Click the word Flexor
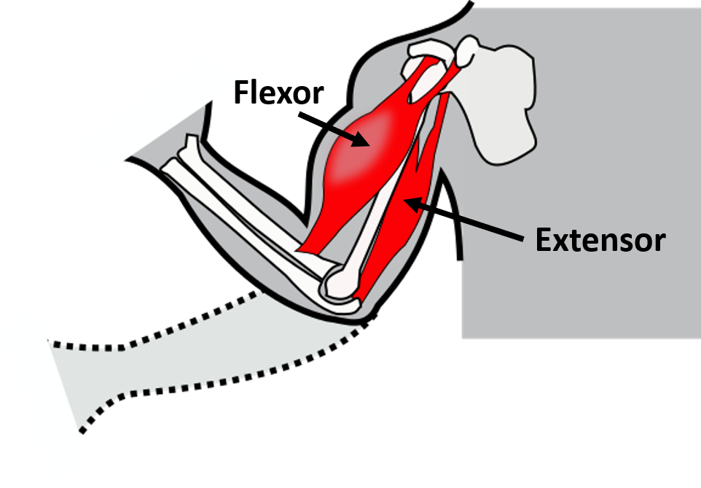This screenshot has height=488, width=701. pyautogui.click(x=278, y=93)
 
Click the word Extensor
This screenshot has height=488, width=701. pyautogui.click(x=600, y=241)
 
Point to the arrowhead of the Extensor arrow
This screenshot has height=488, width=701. pyautogui.click(x=414, y=204)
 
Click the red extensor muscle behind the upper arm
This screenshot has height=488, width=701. pyautogui.click(x=402, y=215)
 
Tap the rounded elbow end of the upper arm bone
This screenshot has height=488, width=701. pyautogui.click(x=341, y=282)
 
